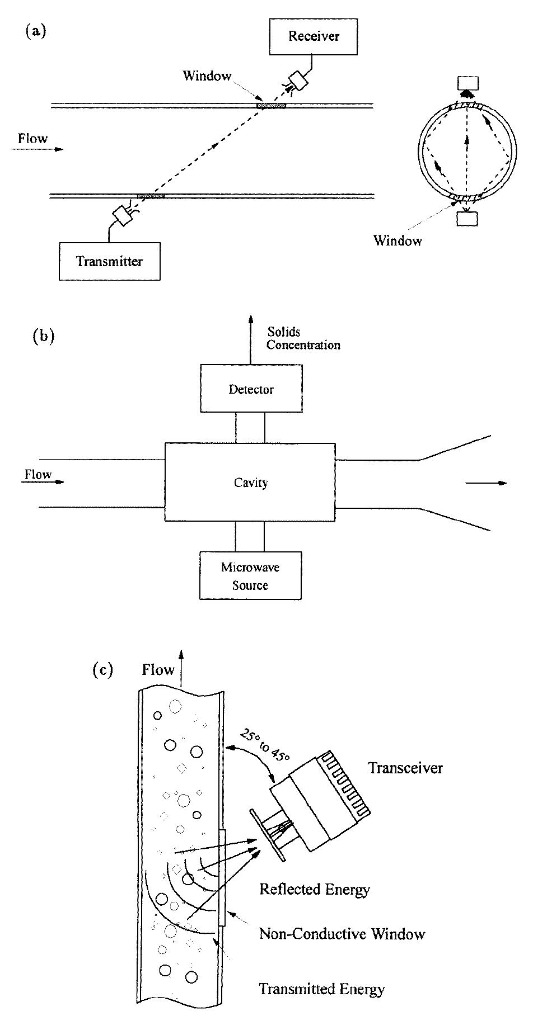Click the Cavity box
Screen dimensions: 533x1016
(x=250, y=483)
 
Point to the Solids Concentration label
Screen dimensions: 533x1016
(x=303, y=339)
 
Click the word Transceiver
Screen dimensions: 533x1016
(x=405, y=768)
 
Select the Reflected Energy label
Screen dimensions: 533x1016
(x=315, y=889)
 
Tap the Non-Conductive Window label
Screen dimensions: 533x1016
(x=342, y=933)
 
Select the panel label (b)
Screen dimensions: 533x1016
(x=44, y=337)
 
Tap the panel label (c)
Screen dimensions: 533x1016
(x=102, y=670)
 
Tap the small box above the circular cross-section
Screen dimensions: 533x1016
(x=468, y=83)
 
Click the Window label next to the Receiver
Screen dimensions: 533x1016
(x=207, y=76)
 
